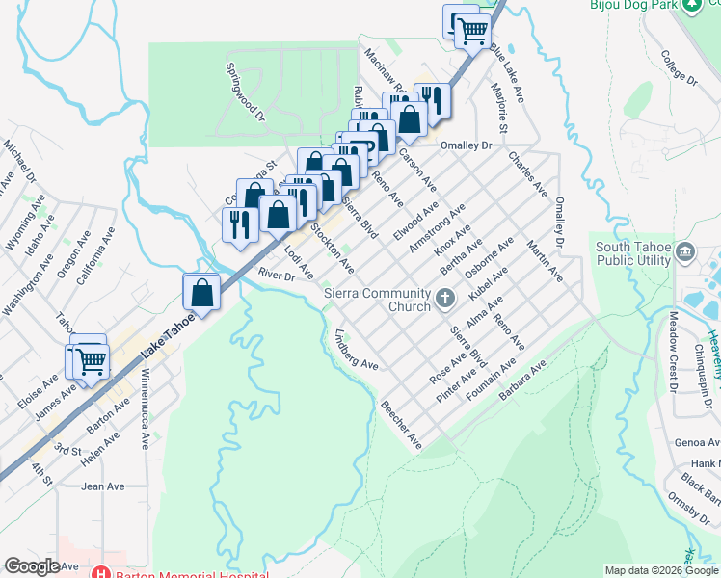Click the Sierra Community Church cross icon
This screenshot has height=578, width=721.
pos(445,297)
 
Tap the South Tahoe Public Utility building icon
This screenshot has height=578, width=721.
pos(685,253)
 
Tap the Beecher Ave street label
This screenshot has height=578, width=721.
pos(401,425)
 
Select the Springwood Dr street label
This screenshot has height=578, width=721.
pos(245,92)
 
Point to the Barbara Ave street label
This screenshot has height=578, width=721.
pos(522,381)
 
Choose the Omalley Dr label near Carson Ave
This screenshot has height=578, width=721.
pos(466,145)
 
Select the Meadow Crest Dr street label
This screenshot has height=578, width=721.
pos(668,354)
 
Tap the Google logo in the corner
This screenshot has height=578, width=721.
pos(32,566)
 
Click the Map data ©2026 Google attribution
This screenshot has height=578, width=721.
pos(661,570)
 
